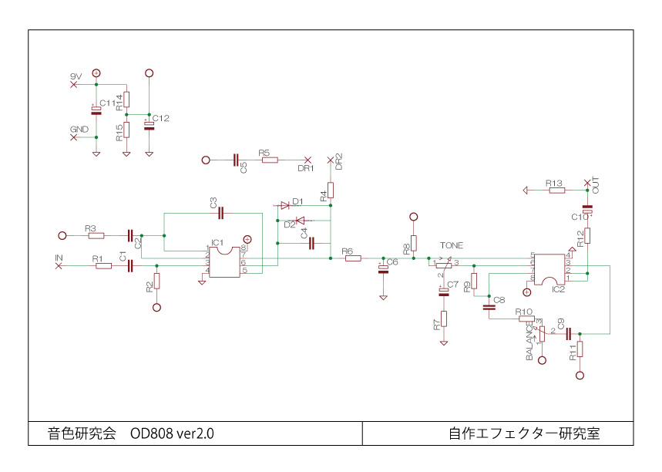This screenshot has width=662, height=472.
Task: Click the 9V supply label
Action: [x=76, y=76]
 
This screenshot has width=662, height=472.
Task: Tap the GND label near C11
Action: [x=79, y=128]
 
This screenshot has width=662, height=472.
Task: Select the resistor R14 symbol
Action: [x=127, y=99]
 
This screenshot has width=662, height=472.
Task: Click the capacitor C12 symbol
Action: [x=149, y=124]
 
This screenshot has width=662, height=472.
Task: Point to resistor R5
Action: [x=268, y=160]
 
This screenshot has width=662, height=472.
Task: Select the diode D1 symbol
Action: [x=284, y=206]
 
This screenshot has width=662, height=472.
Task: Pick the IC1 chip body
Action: [x=226, y=261]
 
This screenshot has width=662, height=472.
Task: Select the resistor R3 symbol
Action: [x=96, y=235]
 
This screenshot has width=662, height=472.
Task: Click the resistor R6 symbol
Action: [x=353, y=258]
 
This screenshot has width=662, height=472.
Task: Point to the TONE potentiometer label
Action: [x=452, y=245]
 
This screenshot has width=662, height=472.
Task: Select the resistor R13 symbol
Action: [x=557, y=190]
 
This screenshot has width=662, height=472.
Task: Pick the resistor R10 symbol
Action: [x=526, y=318]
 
